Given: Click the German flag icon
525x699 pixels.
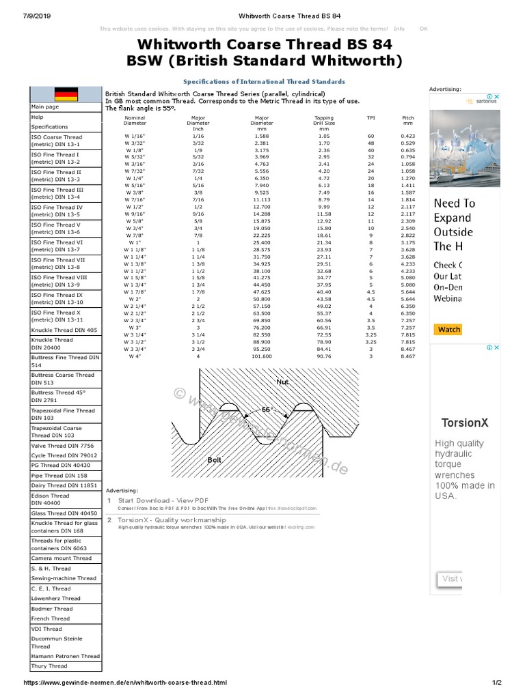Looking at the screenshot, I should pos(66,94).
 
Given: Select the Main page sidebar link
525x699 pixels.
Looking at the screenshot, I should pos(45,106).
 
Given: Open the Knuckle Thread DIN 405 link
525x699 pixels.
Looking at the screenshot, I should pos(64,330).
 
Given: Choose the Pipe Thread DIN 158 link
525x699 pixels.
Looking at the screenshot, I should pos(59,475).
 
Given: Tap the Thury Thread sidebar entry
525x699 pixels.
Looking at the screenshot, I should pos(49,666).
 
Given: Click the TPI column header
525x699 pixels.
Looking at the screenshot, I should pos(371,117).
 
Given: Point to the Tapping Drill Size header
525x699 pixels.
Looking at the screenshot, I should pos(324,123).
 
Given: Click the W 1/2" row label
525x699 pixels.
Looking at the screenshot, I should pos(134,207).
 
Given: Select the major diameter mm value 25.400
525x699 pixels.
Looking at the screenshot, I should pos(262,242).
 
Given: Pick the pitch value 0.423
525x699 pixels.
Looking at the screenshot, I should pos(408,136).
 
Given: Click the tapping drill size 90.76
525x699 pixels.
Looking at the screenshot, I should pos(324,356).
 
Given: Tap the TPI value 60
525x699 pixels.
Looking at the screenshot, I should pos(371,136).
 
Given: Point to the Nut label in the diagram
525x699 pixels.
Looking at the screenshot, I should pos(282,382).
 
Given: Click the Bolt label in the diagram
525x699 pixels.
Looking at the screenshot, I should pos(215,460).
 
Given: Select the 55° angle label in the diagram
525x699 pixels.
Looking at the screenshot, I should pos(267,410).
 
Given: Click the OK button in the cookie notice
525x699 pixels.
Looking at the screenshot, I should pos(423,29).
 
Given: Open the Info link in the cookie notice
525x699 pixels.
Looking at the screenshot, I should pos(399,29).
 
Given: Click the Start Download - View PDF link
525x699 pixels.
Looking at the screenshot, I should pos(163,500).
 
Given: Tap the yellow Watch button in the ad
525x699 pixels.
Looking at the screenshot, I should pos(448,329).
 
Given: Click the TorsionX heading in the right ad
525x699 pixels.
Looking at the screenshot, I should pos(464,423).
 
